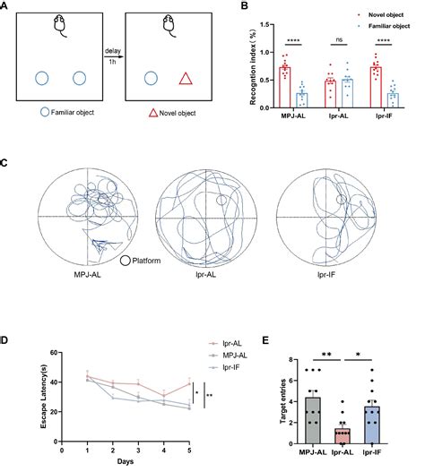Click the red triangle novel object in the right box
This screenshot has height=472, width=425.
tap(184, 79)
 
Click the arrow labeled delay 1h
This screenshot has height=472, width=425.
tap(112, 60)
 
